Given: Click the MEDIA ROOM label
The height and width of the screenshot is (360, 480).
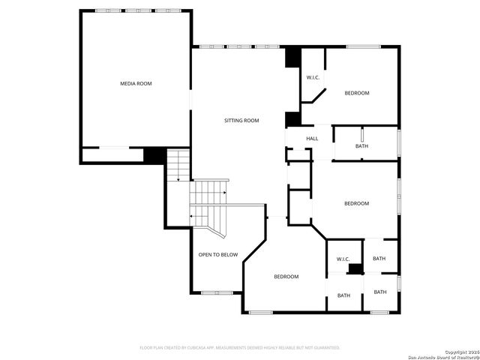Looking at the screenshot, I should (x=136, y=83).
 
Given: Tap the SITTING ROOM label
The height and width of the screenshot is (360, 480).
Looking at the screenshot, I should (x=241, y=121).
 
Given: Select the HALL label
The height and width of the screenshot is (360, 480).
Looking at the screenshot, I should (x=312, y=139).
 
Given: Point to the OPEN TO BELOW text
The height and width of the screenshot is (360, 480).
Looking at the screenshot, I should (x=217, y=255).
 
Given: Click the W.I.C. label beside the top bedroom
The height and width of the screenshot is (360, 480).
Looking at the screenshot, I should (x=313, y=78).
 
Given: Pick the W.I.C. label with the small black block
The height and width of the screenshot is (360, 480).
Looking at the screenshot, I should (x=343, y=259).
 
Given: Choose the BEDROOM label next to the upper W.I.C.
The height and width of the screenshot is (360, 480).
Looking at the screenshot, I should (x=356, y=93).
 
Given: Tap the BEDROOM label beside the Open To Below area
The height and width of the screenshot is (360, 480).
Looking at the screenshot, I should (x=286, y=277).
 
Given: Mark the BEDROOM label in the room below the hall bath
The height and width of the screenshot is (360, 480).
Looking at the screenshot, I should (x=356, y=203).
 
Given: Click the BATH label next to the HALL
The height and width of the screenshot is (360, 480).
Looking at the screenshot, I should (x=361, y=146).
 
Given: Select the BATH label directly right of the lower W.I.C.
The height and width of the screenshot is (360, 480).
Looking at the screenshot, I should (x=379, y=259).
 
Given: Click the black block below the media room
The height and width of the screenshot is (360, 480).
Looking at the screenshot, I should (x=154, y=155).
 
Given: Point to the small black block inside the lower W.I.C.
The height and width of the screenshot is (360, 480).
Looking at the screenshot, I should (x=355, y=268).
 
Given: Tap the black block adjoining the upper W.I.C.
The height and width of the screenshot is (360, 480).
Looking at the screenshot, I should (x=292, y=58).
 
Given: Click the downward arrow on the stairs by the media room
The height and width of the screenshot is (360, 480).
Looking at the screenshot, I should (x=178, y=178).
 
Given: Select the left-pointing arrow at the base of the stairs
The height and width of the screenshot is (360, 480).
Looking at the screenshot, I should (x=193, y=216).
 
